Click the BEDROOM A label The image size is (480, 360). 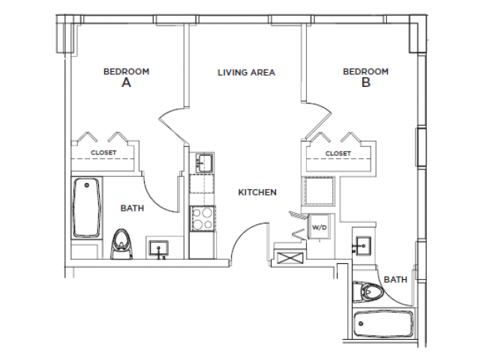pyautogui.click(x=126, y=77)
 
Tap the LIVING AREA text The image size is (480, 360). pyautogui.click(x=247, y=73)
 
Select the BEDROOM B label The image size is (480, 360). pyautogui.click(x=365, y=77)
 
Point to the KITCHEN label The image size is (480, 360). pyautogui.click(x=257, y=192)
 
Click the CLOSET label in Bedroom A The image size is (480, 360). pyautogui.click(x=103, y=152)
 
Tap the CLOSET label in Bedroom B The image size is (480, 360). pyautogui.click(x=337, y=153)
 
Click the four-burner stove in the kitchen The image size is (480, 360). pyautogui.click(x=202, y=218)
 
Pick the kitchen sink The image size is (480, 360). pyautogui.click(x=202, y=161)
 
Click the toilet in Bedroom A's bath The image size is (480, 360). pyautogui.click(x=120, y=243)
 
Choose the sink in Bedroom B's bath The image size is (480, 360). pyautogui.click(x=362, y=244)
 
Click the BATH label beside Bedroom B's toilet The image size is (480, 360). pyautogui.click(x=395, y=279)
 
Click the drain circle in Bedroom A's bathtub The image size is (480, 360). pyautogui.click(x=88, y=184)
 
